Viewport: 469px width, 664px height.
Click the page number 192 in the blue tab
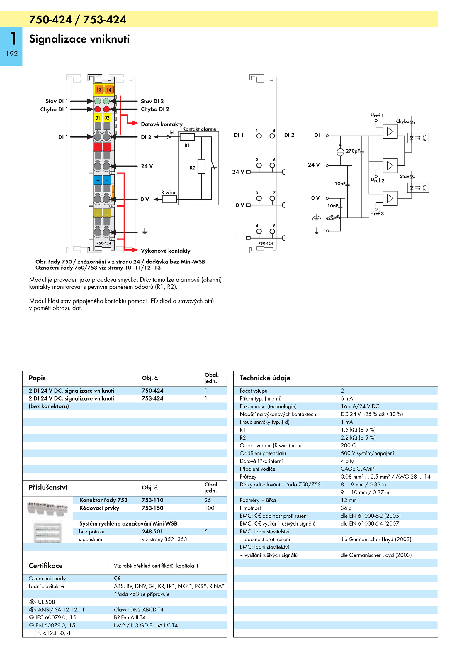12,54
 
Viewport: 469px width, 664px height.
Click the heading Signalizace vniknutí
79,39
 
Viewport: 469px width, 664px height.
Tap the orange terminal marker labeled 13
99,89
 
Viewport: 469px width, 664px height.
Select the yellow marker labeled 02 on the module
107,118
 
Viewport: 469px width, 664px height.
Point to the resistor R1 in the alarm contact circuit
187,137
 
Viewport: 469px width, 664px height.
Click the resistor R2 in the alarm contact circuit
201,166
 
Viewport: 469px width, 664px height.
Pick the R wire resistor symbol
169,199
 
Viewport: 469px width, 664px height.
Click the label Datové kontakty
162,124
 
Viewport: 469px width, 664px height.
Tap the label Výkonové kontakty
166,251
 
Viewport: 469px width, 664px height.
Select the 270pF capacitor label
352,151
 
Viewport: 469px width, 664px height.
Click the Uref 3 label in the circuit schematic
377,213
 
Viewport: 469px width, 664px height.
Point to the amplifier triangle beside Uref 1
390,131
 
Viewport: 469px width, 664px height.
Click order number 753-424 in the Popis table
152,398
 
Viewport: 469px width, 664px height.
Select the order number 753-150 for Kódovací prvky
152,508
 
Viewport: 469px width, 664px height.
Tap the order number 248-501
152,531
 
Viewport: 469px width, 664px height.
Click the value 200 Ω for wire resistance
349,445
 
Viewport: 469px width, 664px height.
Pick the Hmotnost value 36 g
346,508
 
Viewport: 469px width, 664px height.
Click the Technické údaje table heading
265,378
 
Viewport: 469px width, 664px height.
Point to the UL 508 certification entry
42,602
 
